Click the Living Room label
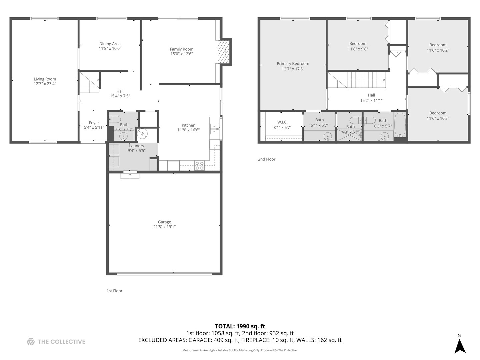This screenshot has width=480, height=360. point(45,79)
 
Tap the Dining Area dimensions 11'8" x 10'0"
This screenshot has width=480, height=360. point(110,49)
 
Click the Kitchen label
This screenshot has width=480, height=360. point(188,125)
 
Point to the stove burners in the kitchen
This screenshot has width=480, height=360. point(199,165)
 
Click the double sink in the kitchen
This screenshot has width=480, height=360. point(214,129)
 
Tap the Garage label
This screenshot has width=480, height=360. point(164,222)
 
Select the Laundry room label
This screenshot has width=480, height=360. point(136,146)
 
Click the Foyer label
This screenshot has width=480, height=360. point(94,123)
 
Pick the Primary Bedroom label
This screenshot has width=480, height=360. point(293,64)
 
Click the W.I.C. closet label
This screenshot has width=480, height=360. point(282,122)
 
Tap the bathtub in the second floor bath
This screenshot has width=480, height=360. point(400,125)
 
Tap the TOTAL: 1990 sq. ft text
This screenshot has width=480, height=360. point(240,326)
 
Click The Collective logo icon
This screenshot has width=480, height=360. point(31,342)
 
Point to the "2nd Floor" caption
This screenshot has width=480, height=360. point(266,159)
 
